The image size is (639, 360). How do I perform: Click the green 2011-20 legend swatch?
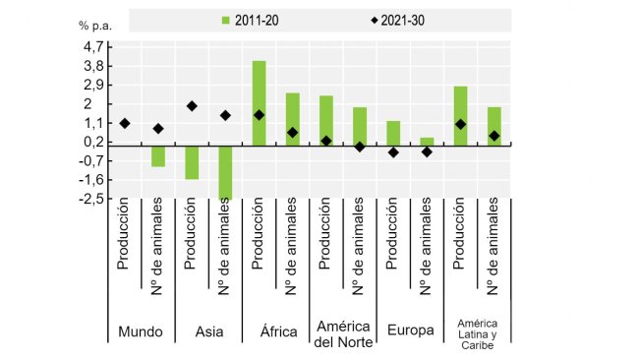click(x=227, y=20)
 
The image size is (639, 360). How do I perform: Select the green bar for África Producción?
click(x=260, y=103)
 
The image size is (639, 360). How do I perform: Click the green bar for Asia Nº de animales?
click(x=225, y=172)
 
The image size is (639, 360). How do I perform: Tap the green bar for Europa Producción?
click(x=393, y=134)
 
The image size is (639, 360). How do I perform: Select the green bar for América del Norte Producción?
click(x=326, y=121)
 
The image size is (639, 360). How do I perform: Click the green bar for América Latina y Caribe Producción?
click(x=460, y=116)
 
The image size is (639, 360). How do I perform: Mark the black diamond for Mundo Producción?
click(x=125, y=123)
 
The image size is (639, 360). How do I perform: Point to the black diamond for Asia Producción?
click(x=192, y=105)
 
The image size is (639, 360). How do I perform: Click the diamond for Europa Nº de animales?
click(x=427, y=151)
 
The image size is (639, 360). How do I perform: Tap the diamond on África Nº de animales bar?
click(x=293, y=132)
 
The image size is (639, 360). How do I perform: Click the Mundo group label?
click(x=141, y=331)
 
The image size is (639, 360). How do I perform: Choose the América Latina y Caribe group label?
click(x=477, y=332)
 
